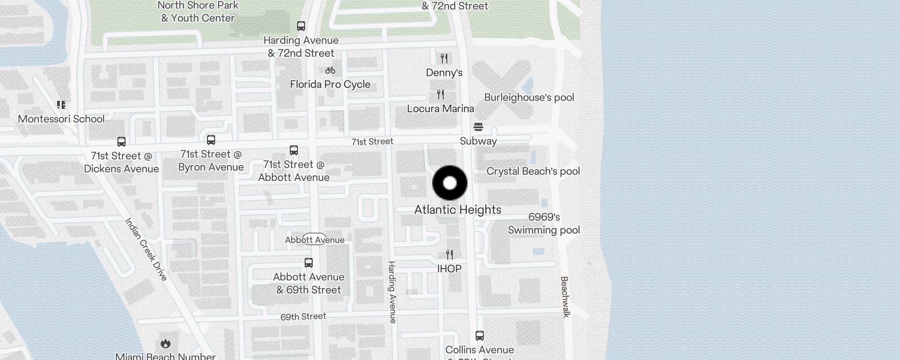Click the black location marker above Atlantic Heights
point(450,183)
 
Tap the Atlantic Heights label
point(458,210)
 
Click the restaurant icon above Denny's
point(444,58)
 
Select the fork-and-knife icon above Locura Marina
point(441,94)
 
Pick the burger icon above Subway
point(478,127)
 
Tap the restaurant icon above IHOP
point(450,255)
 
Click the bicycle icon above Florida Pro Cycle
point(330,70)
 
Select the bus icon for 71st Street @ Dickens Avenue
point(121,142)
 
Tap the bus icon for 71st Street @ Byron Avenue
point(211,140)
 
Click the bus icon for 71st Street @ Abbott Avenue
point(294,150)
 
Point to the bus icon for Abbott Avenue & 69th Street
point(309,263)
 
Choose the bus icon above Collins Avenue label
point(480,336)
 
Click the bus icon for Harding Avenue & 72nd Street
point(301,26)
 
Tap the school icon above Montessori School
point(61,105)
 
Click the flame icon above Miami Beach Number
point(165,344)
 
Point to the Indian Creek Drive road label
point(146,249)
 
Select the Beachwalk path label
point(565,297)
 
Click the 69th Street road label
point(303,316)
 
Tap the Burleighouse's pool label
point(529,97)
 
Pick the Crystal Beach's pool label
point(533,171)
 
